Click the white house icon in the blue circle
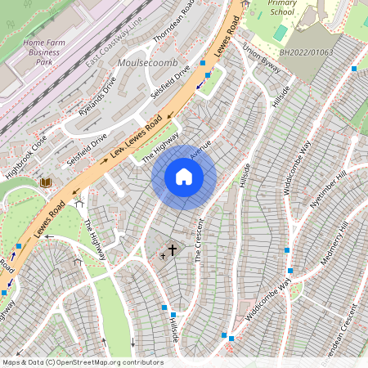pyautogui.click(x=184, y=177)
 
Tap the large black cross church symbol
pyautogui.click(x=172, y=249)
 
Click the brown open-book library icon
pyautogui.click(x=47, y=182)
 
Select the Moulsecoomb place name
pyautogui.click(x=141, y=62)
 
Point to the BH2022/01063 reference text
pyautogui.click(x=307, y=52)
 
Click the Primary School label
pyautogui.click(x=283, y=7)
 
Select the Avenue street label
pyautogui.click(x=200, y=149)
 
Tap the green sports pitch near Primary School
pyautogui.click(x=280, y=33)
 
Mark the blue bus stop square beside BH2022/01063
pyautogui.click(x=353, y=69)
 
